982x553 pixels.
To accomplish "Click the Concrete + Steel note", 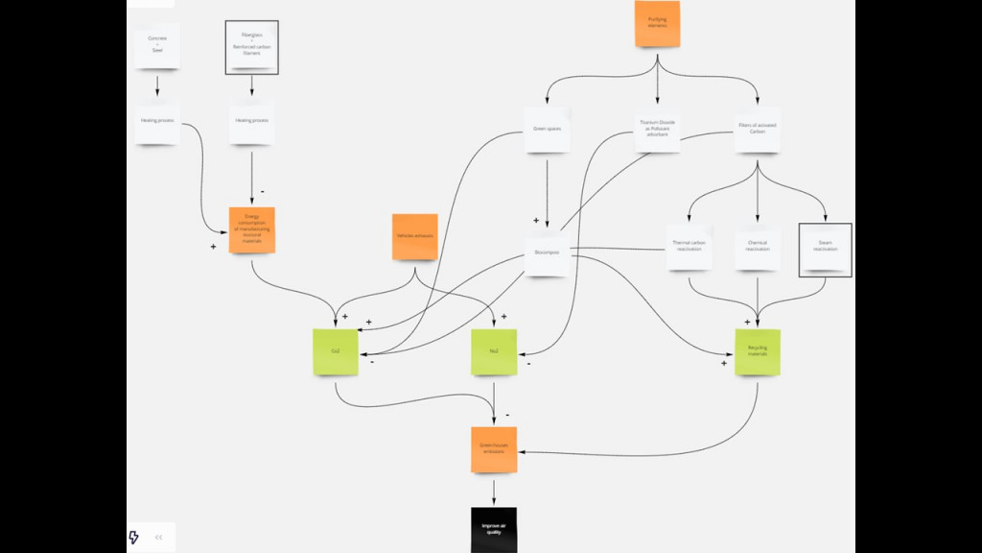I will [x=157, y=45].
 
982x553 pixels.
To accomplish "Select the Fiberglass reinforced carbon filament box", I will [x=251, y=47].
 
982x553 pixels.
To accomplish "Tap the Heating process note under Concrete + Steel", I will [x=157, y=121].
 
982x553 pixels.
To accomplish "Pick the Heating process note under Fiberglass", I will [x=251, y=121].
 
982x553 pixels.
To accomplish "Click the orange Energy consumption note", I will [x=252, y=229].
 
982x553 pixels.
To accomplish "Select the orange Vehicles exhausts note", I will [x=414, y=236].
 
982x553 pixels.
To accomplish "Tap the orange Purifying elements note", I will [x=657, y=23].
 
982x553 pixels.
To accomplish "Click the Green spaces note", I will [x=547, y=129].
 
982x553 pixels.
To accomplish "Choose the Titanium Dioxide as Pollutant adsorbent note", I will [x=658, y=129].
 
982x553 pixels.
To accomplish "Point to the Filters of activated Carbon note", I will [x=758, y=129].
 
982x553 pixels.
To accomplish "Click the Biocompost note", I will [x=547, y=253].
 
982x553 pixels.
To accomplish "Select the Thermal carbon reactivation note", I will [x=690, y=247].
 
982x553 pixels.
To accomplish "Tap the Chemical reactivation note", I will [x=758, y=247].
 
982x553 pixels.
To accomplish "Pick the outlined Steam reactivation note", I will [x=825, y=250].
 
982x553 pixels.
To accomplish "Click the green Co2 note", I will [x=336, y=351].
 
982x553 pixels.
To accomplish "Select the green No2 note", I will [x=494, y=351].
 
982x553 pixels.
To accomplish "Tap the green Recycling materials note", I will [x=758, y=351].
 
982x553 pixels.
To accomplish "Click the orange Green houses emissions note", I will [x=494, y=449].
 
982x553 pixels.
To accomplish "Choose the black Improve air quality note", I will [x=494, y=529].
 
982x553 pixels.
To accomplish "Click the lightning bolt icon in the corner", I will [x=134, y=537].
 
